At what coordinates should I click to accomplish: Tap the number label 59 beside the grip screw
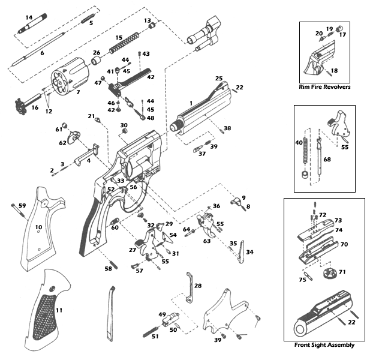[22, 206]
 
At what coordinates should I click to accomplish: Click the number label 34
[249, 252]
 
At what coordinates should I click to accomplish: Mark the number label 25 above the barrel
[219, 79]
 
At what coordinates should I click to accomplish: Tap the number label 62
[62, 143]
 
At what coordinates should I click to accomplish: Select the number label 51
[155, 336]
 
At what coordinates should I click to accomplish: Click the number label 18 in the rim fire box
[334, 70]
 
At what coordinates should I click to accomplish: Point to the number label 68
[327, 160]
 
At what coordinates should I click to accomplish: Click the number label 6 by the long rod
[42, 53]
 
